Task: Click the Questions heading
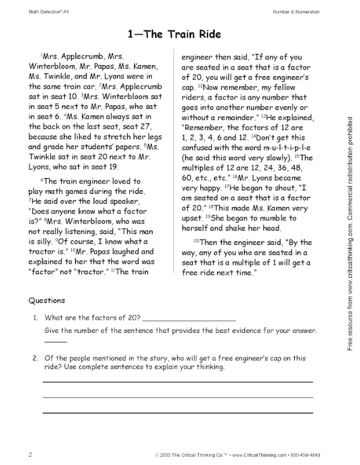tap(47, 301)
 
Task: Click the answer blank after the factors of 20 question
tap(190, 318)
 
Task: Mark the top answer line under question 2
tap(178, 381)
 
